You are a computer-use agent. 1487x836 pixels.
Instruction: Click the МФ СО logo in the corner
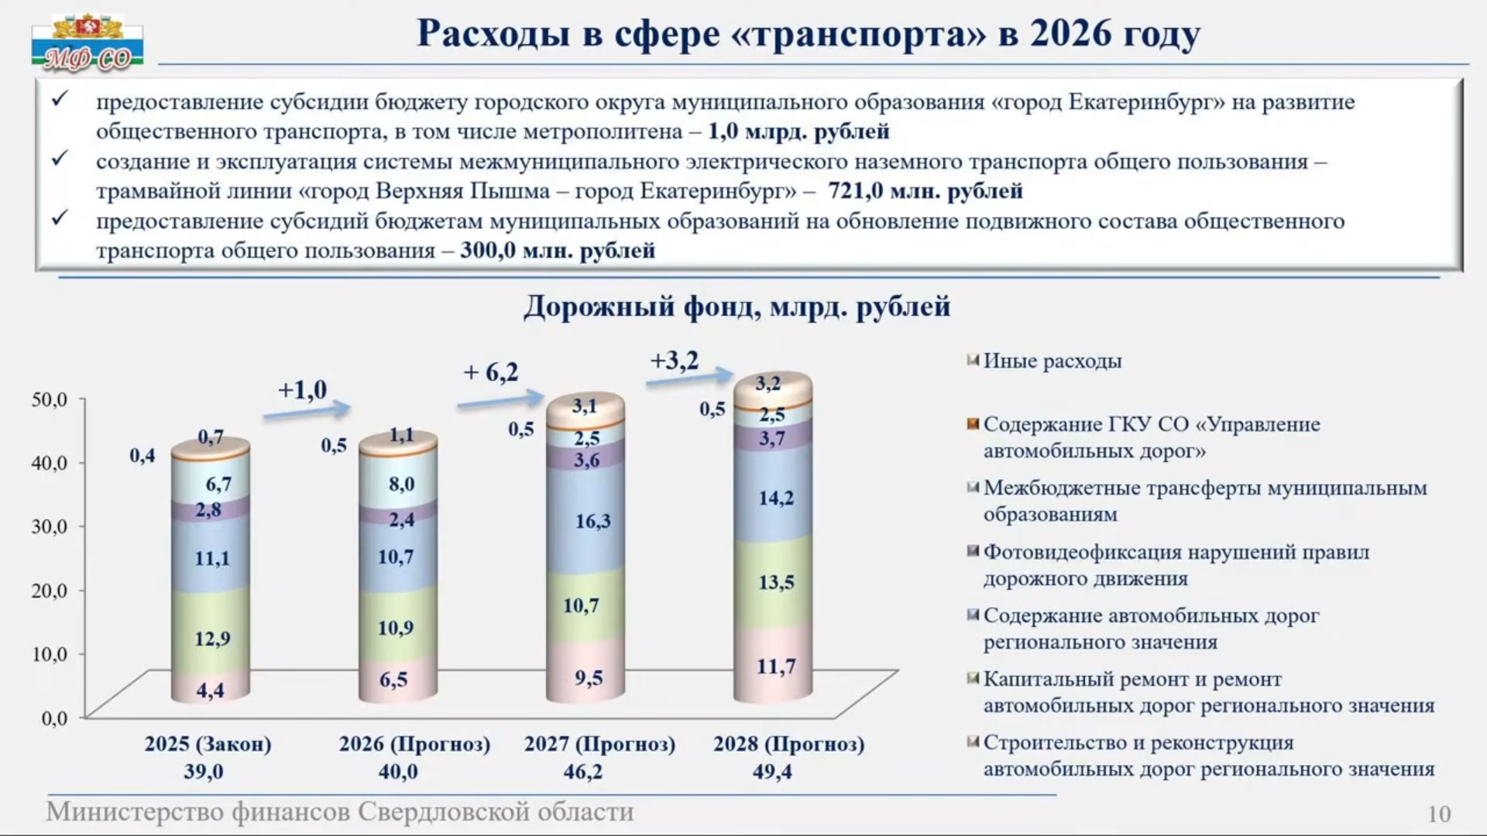(88, 43)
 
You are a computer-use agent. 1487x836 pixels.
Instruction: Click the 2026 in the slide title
(1071, 33)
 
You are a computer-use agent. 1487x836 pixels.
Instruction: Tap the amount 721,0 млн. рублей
(926, 190)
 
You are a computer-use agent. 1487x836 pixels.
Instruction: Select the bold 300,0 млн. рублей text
(558, 251)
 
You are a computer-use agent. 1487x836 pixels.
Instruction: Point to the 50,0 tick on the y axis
(50, 399)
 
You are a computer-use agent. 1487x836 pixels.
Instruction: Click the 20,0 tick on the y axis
(50, 591)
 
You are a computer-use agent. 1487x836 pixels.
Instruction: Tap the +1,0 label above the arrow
(303, 389)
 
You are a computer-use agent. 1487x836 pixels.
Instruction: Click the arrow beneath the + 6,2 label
(500, 400)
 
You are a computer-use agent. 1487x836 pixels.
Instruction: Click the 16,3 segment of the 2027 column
(586, 519)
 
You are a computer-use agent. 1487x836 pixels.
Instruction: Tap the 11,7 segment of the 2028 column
(774, 664)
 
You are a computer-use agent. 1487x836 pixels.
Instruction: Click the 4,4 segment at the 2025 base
(211, 687)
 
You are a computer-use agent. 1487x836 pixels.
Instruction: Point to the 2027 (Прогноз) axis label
(600, 745)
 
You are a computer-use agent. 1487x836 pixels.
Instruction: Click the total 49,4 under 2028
(773, 772)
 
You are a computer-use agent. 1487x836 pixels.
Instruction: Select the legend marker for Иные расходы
(974, 361)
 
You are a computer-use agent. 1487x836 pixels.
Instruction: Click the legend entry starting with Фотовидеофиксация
(1176, 565)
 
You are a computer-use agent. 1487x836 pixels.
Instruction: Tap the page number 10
(1439, 814)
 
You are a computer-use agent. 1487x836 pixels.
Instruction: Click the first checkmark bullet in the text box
(60, 98)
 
